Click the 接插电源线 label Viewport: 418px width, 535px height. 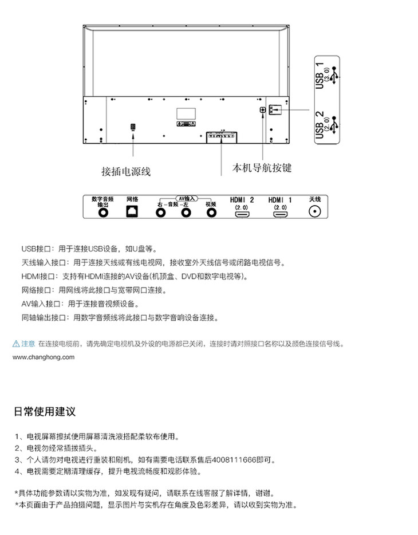(126, 171)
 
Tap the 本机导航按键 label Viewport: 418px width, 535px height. (262, 168)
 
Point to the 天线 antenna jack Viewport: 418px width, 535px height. (314, 213)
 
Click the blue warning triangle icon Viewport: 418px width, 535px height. (16, 344)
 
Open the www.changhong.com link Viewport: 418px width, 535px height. (44, 357)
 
